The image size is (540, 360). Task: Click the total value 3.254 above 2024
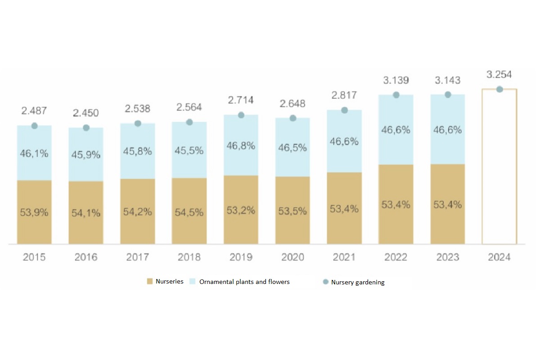coord(499,75)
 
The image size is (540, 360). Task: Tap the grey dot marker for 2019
coord(241,115)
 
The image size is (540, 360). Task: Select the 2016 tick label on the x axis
coord(86,257)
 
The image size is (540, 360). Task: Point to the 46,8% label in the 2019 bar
coord(241,146)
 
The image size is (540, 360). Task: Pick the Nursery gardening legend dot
coord(326,282)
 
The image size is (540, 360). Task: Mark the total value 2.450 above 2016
coord(86,112)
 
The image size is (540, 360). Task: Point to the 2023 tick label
coord(448,257)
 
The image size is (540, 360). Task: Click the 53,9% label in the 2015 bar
coord(34,212)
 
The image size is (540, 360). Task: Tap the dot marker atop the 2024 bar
coord(499,89)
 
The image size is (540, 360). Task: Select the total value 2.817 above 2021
coord(344,95)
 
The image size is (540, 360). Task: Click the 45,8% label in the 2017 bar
coord(138,152)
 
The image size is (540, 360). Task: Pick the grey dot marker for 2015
coord(34,126)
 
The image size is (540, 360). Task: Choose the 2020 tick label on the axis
coord(292,257)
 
